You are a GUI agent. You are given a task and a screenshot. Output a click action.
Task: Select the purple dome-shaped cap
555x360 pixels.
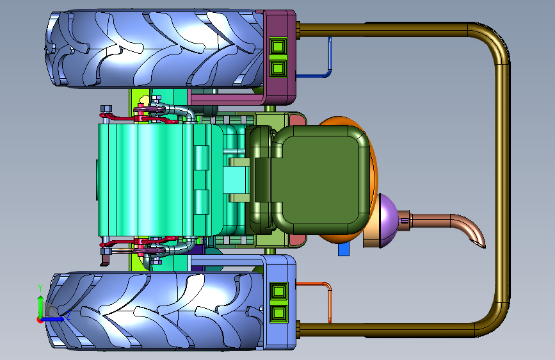tap(389, 220)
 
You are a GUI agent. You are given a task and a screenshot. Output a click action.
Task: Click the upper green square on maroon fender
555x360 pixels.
tap(278, 46)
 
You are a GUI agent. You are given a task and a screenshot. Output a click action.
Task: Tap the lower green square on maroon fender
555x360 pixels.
tap(278, 68)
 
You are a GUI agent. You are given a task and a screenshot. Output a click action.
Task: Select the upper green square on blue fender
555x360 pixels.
tap(279, 291)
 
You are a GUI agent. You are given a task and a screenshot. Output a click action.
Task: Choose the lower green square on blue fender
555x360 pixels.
tap(279, 314)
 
